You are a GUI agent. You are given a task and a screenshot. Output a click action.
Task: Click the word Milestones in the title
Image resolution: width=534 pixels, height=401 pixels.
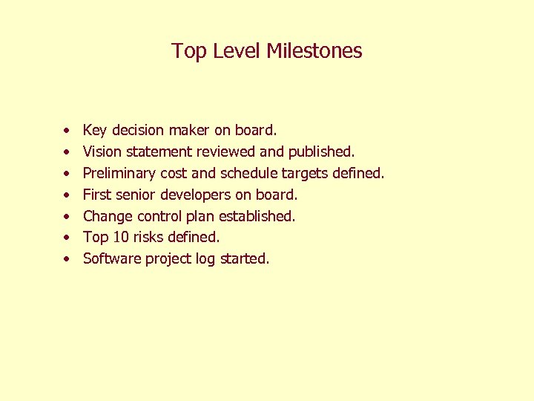[x=314, y=51]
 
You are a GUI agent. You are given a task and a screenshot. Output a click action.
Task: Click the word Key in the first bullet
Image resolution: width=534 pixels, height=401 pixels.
[x=95, y=131]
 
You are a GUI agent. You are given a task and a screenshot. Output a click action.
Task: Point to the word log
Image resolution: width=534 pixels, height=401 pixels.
[x=205, y=259]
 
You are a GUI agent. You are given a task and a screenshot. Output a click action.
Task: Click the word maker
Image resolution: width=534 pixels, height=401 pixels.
[x=190, y=131]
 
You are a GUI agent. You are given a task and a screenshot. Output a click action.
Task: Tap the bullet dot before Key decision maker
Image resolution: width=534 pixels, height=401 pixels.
[x=67, y=131]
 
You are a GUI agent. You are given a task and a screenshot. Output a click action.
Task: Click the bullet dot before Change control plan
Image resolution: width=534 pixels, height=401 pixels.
[x=67, y=217]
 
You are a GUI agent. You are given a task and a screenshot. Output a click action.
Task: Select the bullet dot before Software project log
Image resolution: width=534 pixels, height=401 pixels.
[x=67, y=260]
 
